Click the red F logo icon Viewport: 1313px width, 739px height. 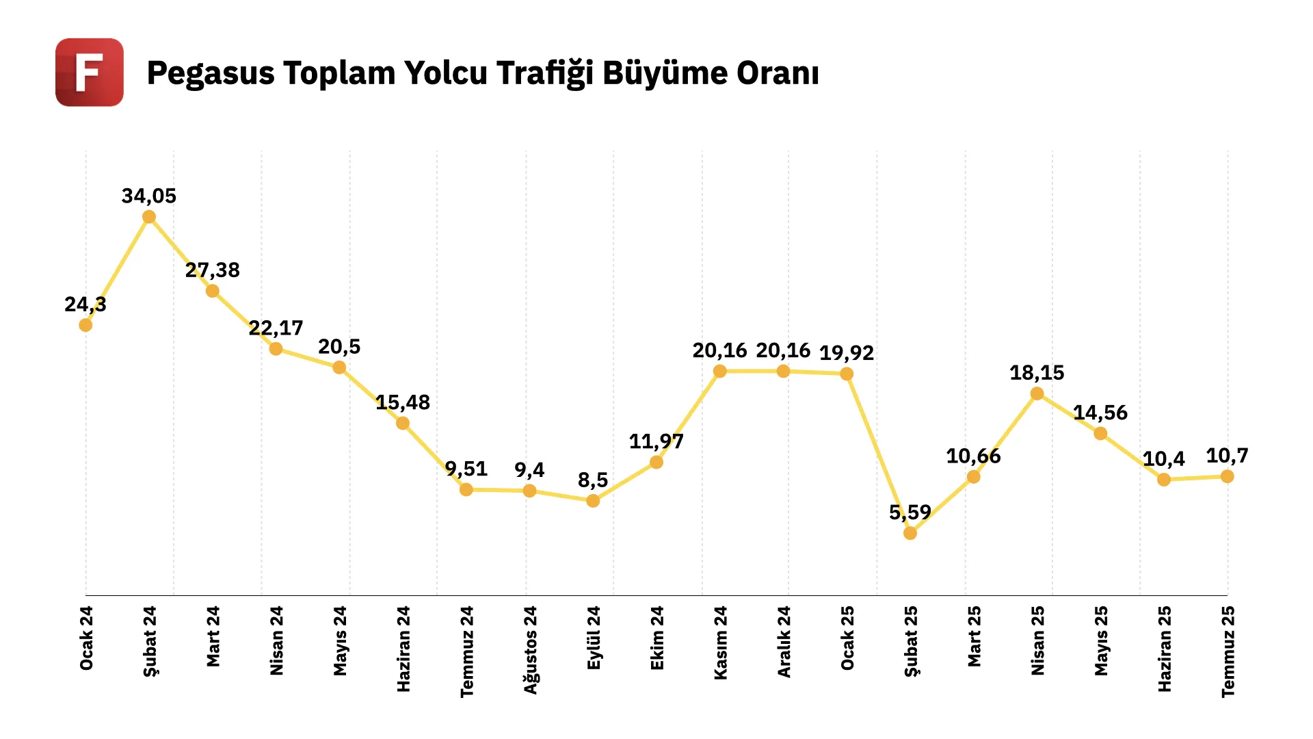pos(90,73)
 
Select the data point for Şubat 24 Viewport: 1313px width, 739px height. pos(149,218)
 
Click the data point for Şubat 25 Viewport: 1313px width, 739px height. pos(910,533)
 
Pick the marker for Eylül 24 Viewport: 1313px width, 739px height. pos(593,501)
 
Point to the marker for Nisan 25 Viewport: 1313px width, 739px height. pos(1037,393)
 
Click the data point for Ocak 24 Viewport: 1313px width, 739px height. pos(85,325)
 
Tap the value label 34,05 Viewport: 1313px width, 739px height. pos(149,196)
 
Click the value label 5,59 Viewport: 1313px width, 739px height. pos(910,512)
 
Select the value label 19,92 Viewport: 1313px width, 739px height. pos(847,353)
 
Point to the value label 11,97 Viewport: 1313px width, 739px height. pos(656,441)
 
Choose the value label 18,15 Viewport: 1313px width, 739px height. pos(1037,373)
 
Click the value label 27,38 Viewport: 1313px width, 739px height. pos(213,270)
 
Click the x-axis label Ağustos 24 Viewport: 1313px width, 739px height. pos(530,649)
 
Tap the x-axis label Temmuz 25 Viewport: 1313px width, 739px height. pos(1228,651)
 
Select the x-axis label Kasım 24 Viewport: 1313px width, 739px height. pos(720,643)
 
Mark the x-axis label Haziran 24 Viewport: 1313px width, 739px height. pos(403,648)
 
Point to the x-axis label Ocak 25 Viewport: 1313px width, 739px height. pos(847,638)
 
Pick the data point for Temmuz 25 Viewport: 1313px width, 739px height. pos(1228,476)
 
